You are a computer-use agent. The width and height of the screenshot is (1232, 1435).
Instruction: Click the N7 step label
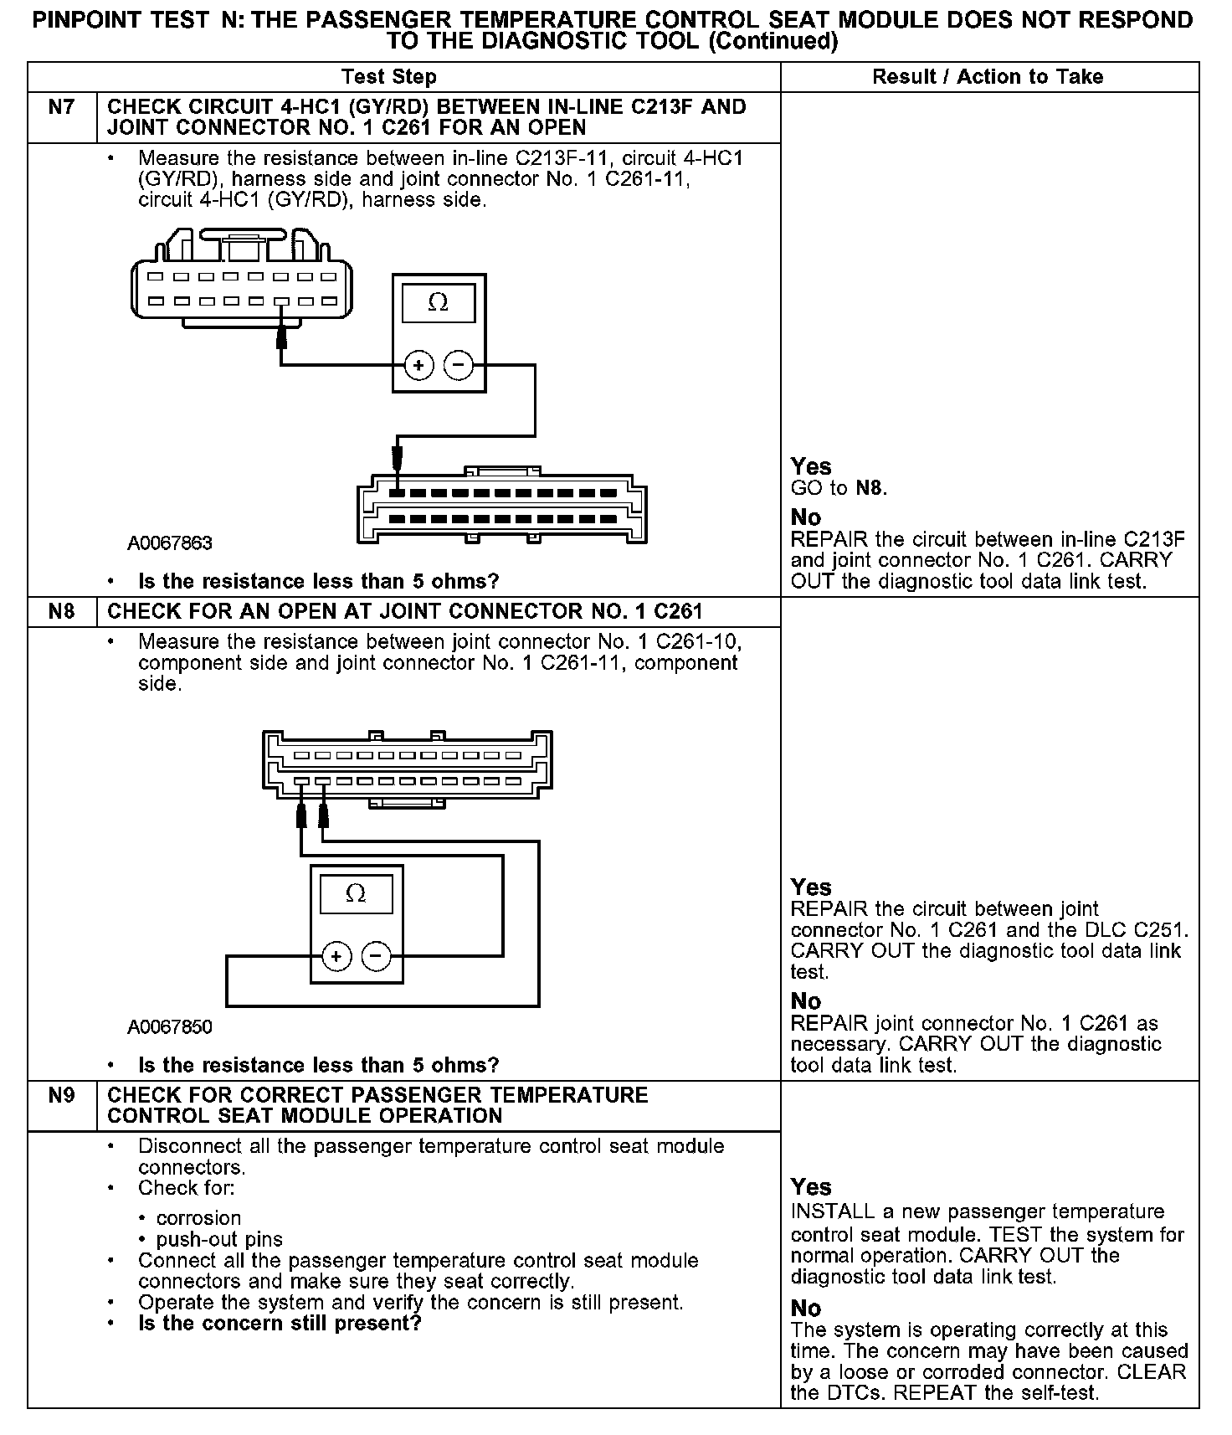coord(62,107)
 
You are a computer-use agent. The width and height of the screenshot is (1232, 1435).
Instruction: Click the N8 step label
coord(62,611)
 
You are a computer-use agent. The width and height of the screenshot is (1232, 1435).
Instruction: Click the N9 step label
coord(62,1095)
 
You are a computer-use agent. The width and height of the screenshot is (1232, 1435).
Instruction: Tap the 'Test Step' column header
coord(389,77)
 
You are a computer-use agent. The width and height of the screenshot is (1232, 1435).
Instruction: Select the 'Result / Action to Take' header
coord(988,77)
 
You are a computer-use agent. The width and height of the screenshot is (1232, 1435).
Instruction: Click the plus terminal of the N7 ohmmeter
coord(418,365)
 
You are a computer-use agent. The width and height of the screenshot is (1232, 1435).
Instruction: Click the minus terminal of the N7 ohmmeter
coord(458,365)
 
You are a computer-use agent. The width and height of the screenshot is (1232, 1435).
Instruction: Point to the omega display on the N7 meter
coord(438,303)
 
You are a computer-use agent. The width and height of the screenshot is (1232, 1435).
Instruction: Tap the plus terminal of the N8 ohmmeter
coord(336,956)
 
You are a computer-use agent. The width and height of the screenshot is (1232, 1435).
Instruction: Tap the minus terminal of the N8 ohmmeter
coord(376,956)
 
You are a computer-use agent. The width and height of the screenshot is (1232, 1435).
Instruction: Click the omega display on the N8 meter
coord(356,894)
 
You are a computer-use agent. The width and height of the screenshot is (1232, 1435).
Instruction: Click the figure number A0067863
coord(170,543)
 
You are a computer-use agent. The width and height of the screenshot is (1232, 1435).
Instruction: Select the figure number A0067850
coord(170,1026)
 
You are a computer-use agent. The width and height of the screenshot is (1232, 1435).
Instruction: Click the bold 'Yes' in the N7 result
coord(811,466)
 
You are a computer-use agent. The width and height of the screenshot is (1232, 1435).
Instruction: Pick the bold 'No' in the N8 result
coord(806,1001)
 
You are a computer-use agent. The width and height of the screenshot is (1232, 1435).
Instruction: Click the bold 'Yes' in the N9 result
coord(811,1187)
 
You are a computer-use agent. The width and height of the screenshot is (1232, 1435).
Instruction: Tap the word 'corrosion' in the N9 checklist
coord(198,1218)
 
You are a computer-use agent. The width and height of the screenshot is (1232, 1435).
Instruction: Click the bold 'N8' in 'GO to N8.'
coord(870,488)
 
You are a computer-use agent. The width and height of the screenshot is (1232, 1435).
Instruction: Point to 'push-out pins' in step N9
coord(219,1239)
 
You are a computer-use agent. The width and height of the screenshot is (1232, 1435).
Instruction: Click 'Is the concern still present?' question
coord(280,1323)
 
